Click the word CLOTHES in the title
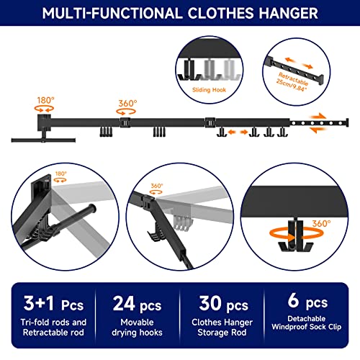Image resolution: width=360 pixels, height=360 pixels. tap(220, 14)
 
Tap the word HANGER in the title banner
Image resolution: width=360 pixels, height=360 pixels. tap(288, 14)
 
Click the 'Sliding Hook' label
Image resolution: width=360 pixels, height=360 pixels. tap(209, 90)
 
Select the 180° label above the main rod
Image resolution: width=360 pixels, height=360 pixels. tap(45, 100)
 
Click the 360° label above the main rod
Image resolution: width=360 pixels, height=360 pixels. tap(127, 104)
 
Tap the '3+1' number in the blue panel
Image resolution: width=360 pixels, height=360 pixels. tap(39, 303)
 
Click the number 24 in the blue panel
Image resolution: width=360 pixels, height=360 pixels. tap(124, 304)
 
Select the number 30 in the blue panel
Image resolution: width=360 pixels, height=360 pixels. tap(210, 303)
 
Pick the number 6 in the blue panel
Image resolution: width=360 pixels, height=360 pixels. tap(293, 300)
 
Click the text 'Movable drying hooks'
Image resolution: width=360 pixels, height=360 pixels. tap(137, 328)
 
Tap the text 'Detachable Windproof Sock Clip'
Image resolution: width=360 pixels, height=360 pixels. tap(307, 323)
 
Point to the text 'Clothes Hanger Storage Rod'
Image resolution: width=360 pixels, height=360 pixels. tap(222, 328)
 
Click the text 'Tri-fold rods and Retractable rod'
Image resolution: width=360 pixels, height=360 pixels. tap(53, 328)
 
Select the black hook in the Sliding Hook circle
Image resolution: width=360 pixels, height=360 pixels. tap(189, 70)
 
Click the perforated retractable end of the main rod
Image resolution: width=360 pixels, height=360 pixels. tap(319, 123)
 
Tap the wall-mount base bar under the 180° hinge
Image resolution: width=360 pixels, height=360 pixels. tap(43, 140)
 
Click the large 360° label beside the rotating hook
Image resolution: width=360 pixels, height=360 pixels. tap(321, 224)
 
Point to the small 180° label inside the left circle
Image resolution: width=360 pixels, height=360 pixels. tap(61, 174)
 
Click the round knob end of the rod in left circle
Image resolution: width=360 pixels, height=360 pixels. tap(92, 209)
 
